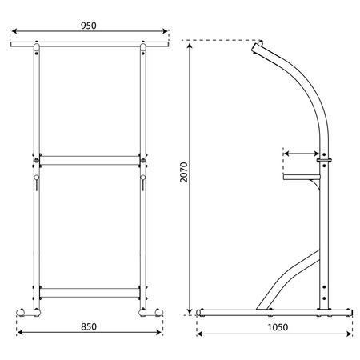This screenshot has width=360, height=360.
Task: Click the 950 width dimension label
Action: tap(89, 26)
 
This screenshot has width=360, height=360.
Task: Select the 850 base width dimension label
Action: tap(89, 326)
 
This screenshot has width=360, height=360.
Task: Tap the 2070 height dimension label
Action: tap(184, 172)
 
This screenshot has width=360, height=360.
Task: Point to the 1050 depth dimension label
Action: tap(278, 327)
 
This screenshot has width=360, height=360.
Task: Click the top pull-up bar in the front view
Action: tap(90, 44)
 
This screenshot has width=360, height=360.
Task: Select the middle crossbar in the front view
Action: tap(90, 160)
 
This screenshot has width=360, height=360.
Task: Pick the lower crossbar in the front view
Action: tap(90, 293)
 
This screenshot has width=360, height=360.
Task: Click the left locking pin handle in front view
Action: tap(37, 182)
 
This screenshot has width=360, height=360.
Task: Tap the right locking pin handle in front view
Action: tap(143, 182)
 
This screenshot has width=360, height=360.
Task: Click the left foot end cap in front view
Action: tap(20, 313)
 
